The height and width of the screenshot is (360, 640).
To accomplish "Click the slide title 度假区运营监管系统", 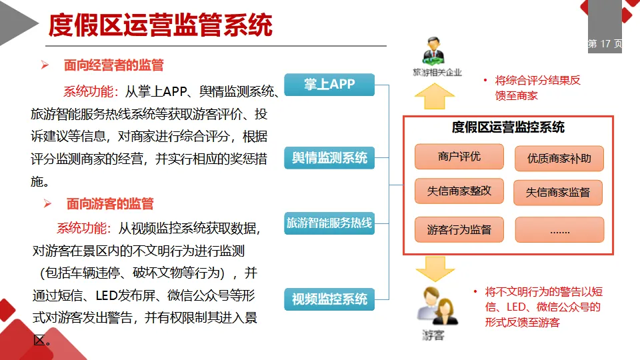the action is [161, 25].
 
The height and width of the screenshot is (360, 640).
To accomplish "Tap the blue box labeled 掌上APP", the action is [329, 85].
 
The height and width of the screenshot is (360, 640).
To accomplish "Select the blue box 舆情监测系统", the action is [329, 158].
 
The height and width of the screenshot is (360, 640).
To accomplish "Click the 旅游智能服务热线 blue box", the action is [329, 223].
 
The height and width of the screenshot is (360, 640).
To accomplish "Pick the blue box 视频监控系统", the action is [329, 299].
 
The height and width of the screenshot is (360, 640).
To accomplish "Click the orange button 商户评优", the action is [459, 157].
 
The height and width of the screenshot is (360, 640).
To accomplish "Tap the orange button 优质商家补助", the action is [559, 159].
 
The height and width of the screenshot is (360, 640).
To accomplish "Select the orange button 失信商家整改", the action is [459, 191].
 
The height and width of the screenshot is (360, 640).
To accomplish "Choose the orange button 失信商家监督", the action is [558, 193].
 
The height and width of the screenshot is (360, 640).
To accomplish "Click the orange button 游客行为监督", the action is [459, 230].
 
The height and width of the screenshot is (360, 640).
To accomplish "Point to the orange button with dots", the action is [559, 230].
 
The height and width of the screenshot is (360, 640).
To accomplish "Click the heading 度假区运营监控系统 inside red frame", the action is [508, 127].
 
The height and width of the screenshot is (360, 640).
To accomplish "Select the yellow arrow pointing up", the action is [434, 96].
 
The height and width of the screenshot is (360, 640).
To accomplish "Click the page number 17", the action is [605, 44].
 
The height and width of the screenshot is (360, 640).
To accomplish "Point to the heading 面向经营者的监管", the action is [113, 65].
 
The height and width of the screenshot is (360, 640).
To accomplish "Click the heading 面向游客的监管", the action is [110, 203].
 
